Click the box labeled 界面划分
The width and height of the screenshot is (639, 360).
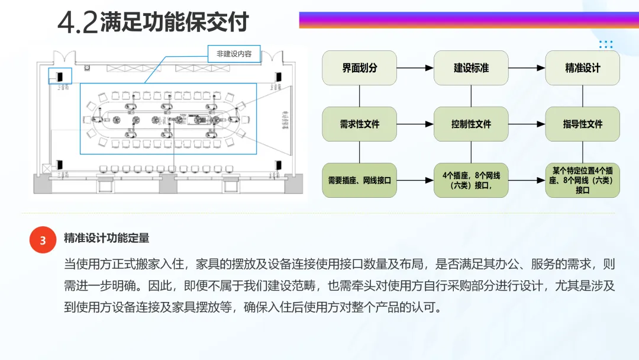(x=359, y=67)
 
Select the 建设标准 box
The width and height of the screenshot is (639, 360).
(x=471, y=67)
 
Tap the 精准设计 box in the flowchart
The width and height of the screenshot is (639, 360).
(x=582, y=67)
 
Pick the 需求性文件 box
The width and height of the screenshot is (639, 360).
(x=359, y=124)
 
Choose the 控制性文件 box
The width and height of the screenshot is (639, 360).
(x=471, y=124)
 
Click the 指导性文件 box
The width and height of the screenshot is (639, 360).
(x=582, y=124)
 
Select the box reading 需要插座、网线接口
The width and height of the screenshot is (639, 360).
(x=359, y=180)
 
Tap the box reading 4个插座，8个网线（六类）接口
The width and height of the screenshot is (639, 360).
(x=471, y=180)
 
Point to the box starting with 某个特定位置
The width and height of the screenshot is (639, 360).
(x=582, y=180)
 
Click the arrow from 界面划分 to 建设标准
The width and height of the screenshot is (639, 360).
(x=415, y=68)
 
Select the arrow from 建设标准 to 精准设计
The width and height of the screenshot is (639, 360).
(x=527, y=68)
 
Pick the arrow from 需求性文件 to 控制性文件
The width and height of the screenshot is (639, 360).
(x=415, y=124)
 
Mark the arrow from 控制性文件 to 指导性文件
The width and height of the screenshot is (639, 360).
(x=527, y=124)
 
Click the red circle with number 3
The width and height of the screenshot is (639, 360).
(x=43, y=240)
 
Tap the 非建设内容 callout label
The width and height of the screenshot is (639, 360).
(x=234, y=54)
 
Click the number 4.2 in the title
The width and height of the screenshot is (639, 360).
(x=78, y=22)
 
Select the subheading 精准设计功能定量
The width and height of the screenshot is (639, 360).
(x=106, y=238)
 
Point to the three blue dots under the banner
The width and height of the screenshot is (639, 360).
(x=605, y=44)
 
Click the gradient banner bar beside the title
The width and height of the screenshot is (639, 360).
(x=467, y=20)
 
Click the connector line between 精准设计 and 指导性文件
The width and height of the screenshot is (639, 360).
(x=582, y=96)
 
